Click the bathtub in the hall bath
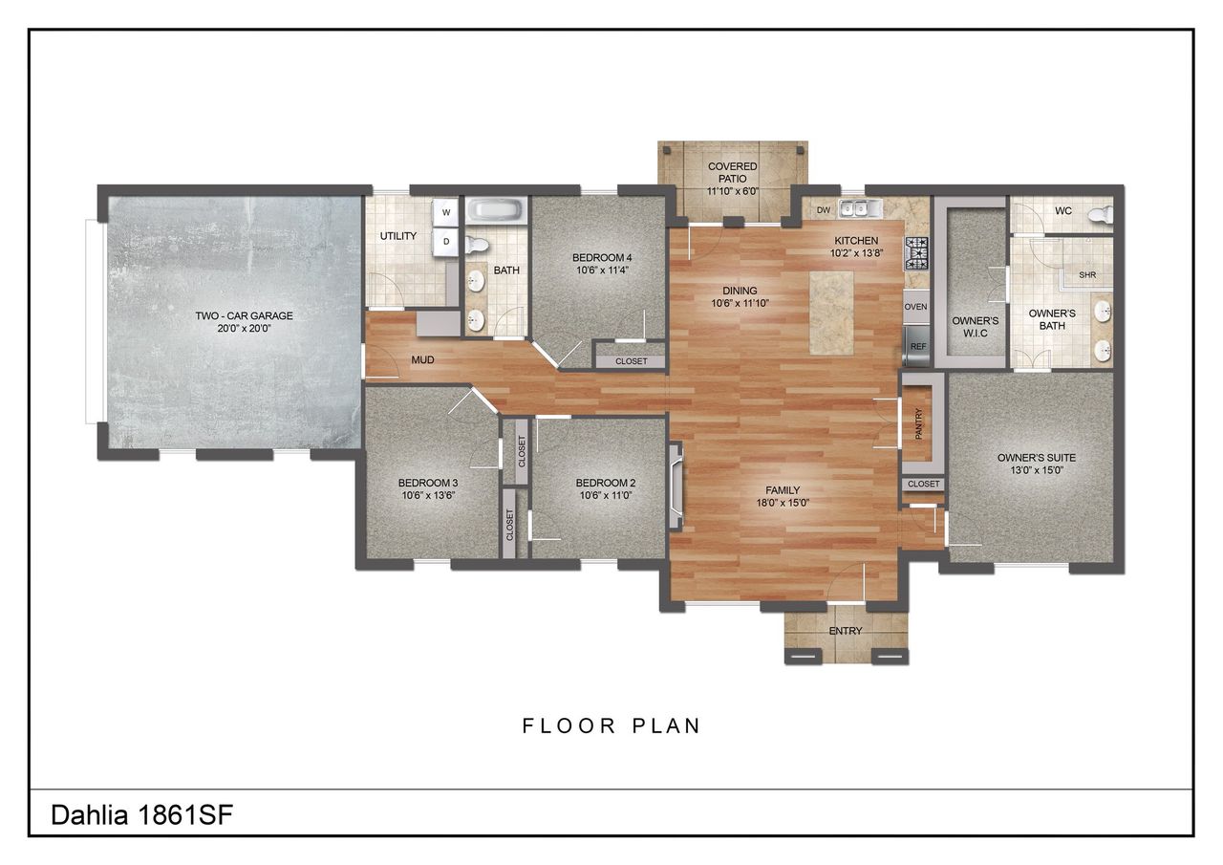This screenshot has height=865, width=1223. click(x=495, y=210)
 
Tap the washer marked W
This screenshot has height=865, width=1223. click(x=445, y=212)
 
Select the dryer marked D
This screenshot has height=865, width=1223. click(x=445, y=242)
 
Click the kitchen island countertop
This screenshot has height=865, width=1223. click(x=831, y=313)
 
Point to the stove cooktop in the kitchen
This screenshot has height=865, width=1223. click(x=916, y=252)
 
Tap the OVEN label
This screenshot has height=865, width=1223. click(x=916, y=307)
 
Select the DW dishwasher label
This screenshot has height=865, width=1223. click(x=823, y=210)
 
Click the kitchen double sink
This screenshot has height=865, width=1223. click(x=858, y=209)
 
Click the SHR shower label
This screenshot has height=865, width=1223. click(x=1087, y=275)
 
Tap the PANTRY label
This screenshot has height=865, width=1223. click(x=918, y=423)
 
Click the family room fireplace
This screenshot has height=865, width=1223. click(x=677, y=487)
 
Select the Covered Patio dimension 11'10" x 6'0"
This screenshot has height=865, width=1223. click(x=732, y=191)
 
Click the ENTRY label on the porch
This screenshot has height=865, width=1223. click(x=846, y=631)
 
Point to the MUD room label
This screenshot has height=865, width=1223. click(x=422, y=360)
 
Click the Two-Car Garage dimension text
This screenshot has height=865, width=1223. click(x=245, y=329)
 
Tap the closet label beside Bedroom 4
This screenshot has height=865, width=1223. click(x=631, y=361)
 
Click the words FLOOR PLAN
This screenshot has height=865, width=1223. click(x=611, y=725)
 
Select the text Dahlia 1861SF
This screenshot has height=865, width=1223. click(x=141, y=815)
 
